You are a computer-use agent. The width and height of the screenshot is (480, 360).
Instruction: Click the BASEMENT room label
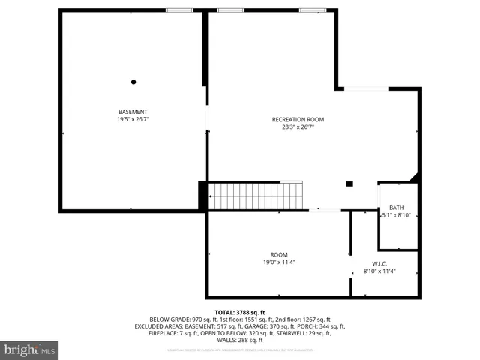[x=132, y=112]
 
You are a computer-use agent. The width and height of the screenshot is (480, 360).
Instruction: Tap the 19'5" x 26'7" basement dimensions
[x=132, y=119]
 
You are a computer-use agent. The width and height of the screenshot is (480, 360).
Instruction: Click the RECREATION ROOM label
[x=298, y=119]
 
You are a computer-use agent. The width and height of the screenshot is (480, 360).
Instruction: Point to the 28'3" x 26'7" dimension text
[x=298, y=127]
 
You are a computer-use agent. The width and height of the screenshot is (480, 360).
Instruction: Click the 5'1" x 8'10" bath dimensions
[x=397, y=215]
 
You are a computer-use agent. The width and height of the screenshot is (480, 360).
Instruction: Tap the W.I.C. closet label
[x=379, y=263]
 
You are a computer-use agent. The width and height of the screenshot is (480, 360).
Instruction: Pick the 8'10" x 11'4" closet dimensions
[x=379, y=271]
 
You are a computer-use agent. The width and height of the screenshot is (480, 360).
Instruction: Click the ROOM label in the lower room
[x=279, y=254]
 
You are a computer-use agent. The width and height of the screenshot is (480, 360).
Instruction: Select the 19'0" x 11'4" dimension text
[x=279, y=262]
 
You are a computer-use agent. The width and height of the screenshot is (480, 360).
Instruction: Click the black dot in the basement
[x=133, y=82]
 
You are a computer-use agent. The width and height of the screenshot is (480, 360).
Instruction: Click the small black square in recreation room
[x=349, y=184]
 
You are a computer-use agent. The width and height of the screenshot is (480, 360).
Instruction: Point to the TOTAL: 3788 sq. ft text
[x=240, y=312]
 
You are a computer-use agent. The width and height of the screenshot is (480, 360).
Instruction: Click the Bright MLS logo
[x=29, y=349]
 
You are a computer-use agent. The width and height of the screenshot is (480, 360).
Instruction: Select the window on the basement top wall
[x=178, y=10]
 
